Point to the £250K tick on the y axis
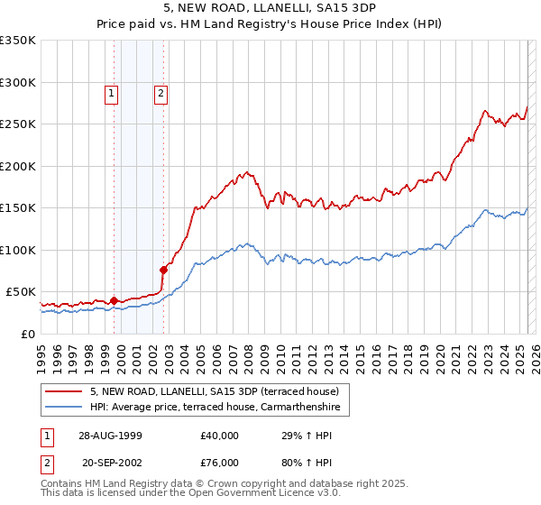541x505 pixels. [x=18, y=124]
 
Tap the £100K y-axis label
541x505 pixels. [x=18, y=250]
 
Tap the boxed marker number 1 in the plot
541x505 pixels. [x=111, y=92]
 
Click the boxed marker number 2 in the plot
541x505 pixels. [x=160, y=92]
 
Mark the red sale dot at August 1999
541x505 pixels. [x=115, y=300]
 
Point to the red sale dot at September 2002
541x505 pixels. [x=163, y=269]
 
